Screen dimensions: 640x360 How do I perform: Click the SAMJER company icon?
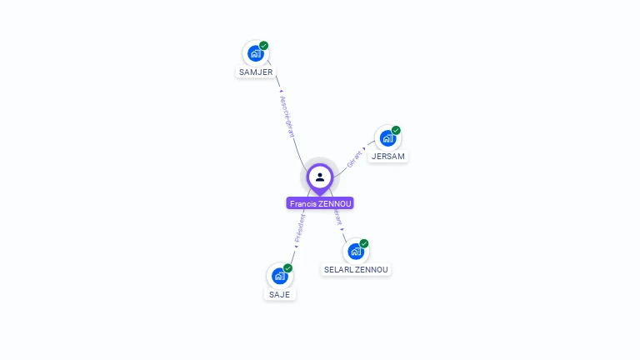click(x=255, y=53)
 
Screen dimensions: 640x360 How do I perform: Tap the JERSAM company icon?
click(x=387, y=138)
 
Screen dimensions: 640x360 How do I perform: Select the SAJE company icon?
click(x=279, y=276)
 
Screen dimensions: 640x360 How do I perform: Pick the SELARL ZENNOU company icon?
click(x=355, y=251)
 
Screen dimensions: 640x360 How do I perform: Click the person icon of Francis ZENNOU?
click(x=320, y=177)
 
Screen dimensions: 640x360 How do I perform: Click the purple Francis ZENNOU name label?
click(x=320, y=203)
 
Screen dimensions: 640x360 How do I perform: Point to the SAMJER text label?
click(x=255, y=72)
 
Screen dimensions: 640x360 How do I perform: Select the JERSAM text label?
click(x=388, y=157)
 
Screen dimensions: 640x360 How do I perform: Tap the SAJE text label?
click(x=279, y=294)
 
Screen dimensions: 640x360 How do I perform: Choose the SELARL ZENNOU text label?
click(x=356, y=269)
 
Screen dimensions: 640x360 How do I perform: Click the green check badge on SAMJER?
click(x=264, y=46)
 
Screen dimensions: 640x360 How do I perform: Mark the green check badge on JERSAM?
click(x=396, y=130)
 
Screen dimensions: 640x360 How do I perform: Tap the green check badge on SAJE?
click(x=287, y=267)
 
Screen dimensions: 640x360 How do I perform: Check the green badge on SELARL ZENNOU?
click(x=364, y=243)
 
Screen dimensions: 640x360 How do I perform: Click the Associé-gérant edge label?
click(x=287, y=116)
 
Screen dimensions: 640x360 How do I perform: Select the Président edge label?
click(x=300, y=227)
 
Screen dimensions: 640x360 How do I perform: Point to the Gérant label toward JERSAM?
click(x=354, y=158)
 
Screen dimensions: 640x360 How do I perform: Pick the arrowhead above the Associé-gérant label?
click(x=281, y=91)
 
